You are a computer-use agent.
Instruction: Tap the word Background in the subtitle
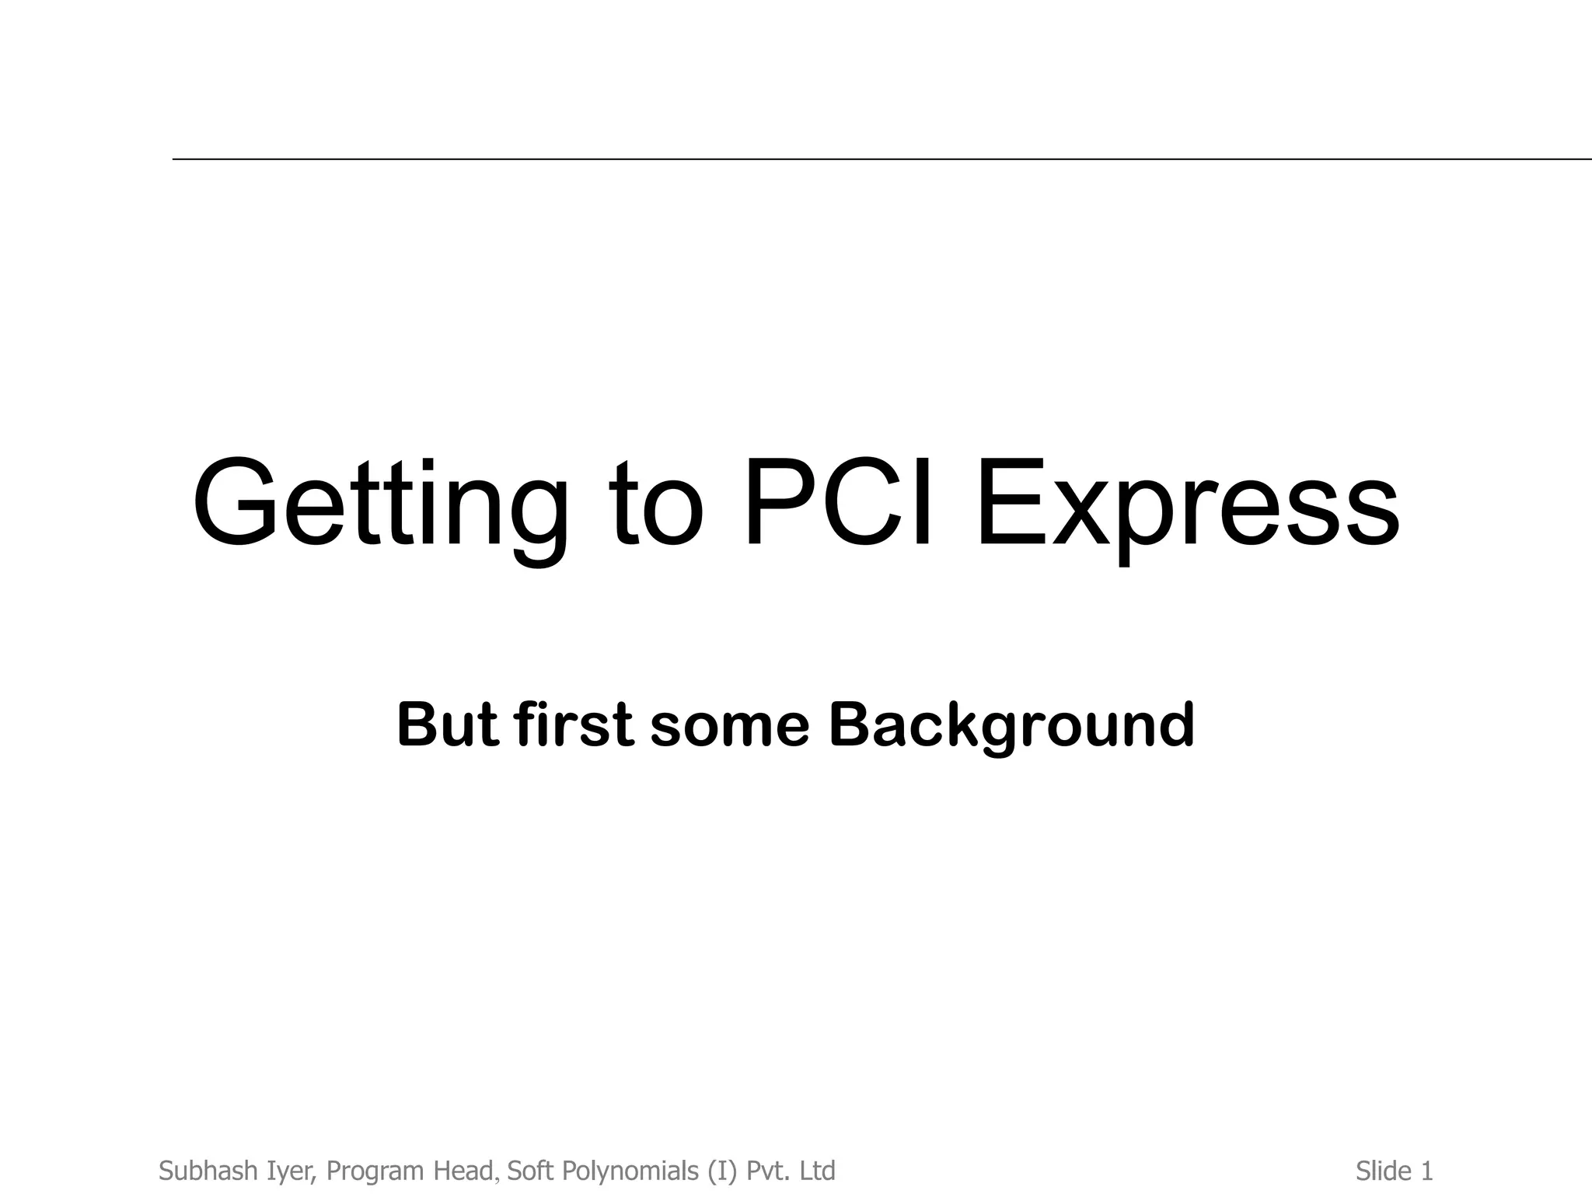(x=1011, y=724)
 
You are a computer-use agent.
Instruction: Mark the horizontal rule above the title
(x=882, y=159)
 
